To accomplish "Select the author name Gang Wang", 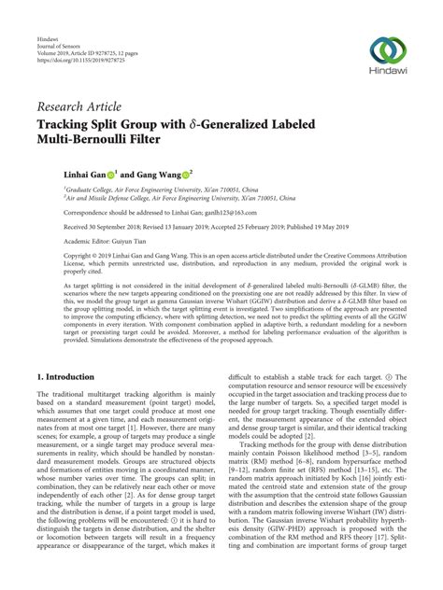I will click(x=158, y=173).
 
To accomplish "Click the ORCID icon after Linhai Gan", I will click(x=110, y=174).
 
